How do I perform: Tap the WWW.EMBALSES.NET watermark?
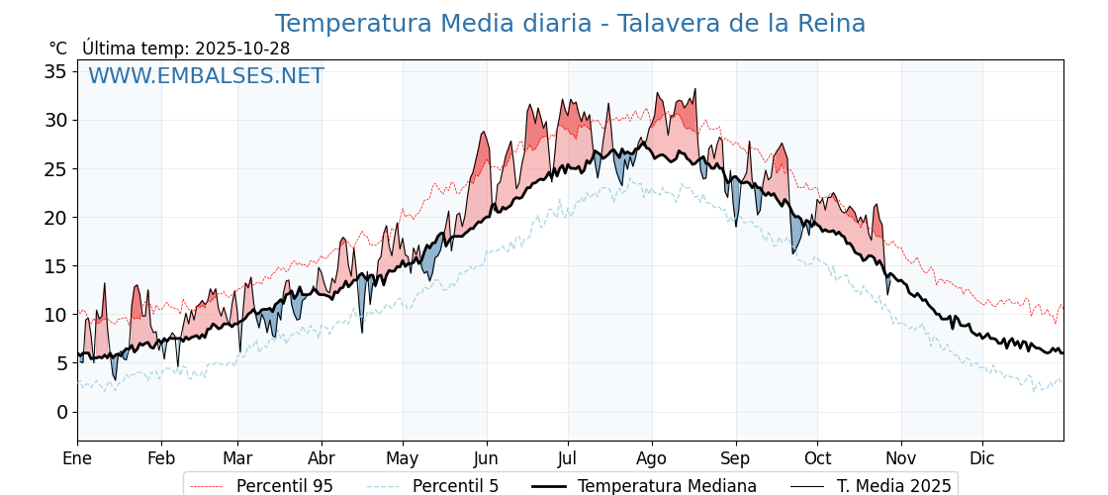pyautogui.click(x=206, y=76)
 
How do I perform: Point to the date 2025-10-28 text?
pyautogui.click(x=242, y=49)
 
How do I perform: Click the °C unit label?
pyautogui.click(x=57, y=49)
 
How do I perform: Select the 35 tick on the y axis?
pyautogui.click(x=55, y=71)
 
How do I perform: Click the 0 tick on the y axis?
pyautogui.click(x=61, y=412)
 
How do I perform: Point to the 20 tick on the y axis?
pyautogui.click(x=55, y=218)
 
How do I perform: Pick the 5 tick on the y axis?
pyautogui.click(x=61, y=363)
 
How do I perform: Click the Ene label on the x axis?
pyautogui.click(x=77, y=458)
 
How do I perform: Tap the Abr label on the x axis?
pyautogui.click(x=322, y=458)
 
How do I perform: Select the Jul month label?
pyautogui.click(x=568, y=458)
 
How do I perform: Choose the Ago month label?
pyautogui.click(x=651, y=458)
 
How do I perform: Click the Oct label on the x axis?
pyautogui.click(x=817, y=458)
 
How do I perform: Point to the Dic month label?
pyautogui.click(x=982, y=458)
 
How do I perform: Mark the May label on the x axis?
pyautogui.click(x=403, y=458)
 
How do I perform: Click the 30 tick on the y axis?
pyautogui.click(x=55, y=120)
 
